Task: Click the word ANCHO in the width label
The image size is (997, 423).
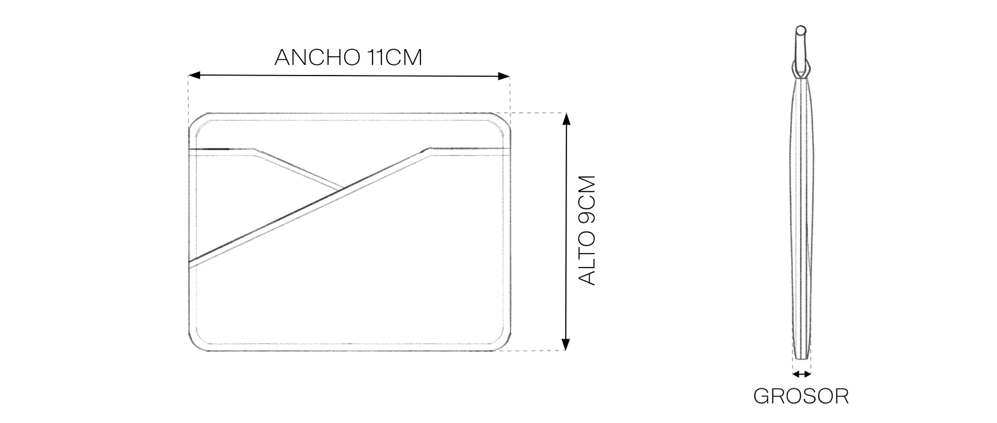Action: click(317, 57)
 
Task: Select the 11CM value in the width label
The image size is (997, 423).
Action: click(395, 57)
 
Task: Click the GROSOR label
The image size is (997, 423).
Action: click(801, 397)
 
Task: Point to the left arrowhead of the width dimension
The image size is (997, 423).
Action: click(194, 76)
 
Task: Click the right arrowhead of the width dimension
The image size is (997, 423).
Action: click(504, 76)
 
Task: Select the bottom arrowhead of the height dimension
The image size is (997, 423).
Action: click(566, 344)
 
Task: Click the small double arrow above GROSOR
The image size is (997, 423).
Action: click(802, 375)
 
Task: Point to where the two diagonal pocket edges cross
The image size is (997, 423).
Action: click(342, 189)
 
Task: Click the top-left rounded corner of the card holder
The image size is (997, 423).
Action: click(196, 120)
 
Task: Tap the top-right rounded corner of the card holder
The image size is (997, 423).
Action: click(503, 120)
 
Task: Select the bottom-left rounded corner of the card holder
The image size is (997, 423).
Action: click(196, 344)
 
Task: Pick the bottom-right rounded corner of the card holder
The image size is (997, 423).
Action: click(503, 344)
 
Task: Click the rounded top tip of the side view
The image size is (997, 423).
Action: click(801, 30)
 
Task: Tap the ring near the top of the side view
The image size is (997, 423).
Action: click(801, 69)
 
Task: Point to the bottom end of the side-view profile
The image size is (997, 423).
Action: click(802, 358)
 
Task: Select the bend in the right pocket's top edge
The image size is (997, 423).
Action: click(429, 149)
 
